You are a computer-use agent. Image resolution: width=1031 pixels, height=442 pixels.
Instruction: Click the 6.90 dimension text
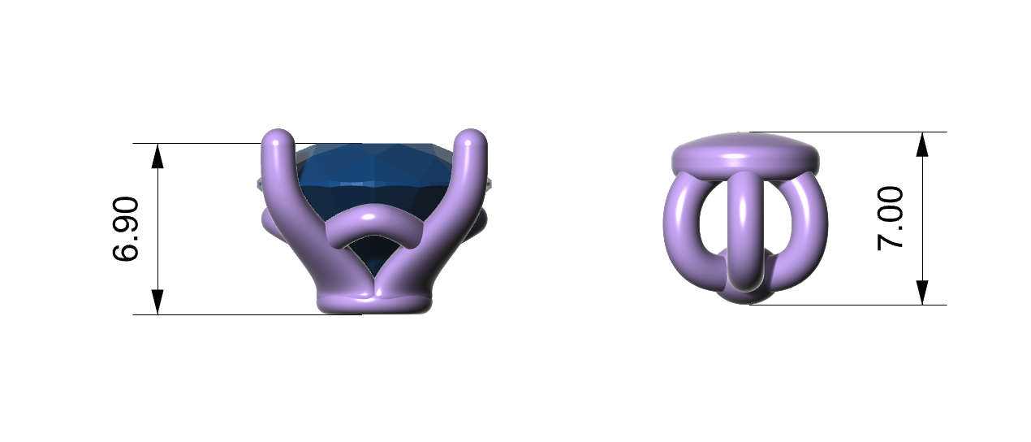coord(125,228)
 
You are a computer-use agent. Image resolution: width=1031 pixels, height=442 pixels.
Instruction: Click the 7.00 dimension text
coord(891,218)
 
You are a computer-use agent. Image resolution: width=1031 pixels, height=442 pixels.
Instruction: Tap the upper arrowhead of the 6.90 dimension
coord(157,155)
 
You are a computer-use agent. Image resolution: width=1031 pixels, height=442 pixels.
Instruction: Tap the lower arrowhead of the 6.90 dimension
coord(157,302)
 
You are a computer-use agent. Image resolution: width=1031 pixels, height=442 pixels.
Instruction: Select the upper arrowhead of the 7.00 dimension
coord(922,145)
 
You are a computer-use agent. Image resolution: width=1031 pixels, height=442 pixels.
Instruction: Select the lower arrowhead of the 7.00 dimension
coord(922,292)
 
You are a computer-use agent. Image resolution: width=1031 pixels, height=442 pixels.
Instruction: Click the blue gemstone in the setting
coord(373,184)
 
